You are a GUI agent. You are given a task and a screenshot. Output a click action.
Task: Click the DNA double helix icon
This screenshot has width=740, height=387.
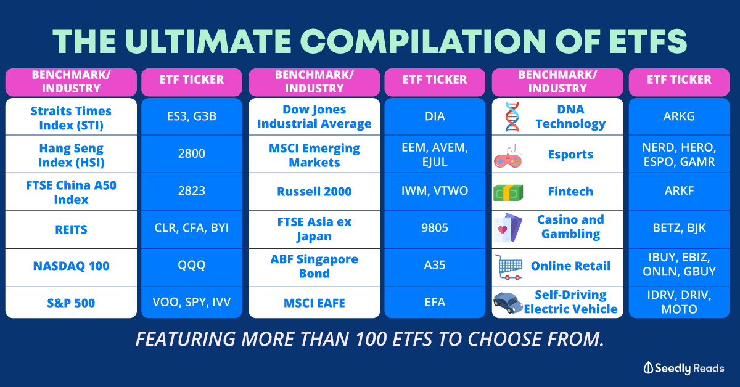tap(512, 116)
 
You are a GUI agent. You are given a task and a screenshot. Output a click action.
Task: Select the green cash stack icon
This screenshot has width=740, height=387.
tap(508, 192)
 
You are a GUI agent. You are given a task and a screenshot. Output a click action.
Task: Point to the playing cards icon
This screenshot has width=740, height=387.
tap(508, 228)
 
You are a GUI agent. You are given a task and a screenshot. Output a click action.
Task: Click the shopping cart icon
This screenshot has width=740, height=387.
tap(509, 267)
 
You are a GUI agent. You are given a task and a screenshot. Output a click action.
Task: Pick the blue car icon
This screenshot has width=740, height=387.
tap(508, 303)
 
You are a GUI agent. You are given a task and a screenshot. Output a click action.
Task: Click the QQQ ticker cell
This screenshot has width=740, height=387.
tap(192, 265)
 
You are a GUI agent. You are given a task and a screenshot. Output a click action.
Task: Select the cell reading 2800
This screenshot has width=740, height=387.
tap(192, 153)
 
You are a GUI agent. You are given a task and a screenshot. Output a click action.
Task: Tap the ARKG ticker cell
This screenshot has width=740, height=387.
tap(679, 116)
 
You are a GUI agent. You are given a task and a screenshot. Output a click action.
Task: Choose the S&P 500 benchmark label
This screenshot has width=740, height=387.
tap(71, 303)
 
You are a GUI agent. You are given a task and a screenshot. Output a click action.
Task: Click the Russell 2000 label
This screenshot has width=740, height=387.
tap(314, 192)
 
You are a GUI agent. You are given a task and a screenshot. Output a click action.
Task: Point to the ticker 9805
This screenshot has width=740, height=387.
tap(435, 228)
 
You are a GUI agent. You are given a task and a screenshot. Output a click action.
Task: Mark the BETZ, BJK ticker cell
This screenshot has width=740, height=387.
tap(679, 228)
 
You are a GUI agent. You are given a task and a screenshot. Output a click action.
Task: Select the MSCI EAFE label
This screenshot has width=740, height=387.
tap(314, 303)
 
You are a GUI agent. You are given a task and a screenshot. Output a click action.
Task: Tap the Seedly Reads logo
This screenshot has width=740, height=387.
tap(684, 368)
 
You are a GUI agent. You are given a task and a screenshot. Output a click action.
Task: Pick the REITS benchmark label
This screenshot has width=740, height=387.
tap(71, 229)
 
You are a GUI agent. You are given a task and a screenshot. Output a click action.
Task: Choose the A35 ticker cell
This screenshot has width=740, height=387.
tap(435, 265)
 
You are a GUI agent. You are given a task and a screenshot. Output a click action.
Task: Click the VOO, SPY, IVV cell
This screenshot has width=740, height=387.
tap(192, 302)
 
